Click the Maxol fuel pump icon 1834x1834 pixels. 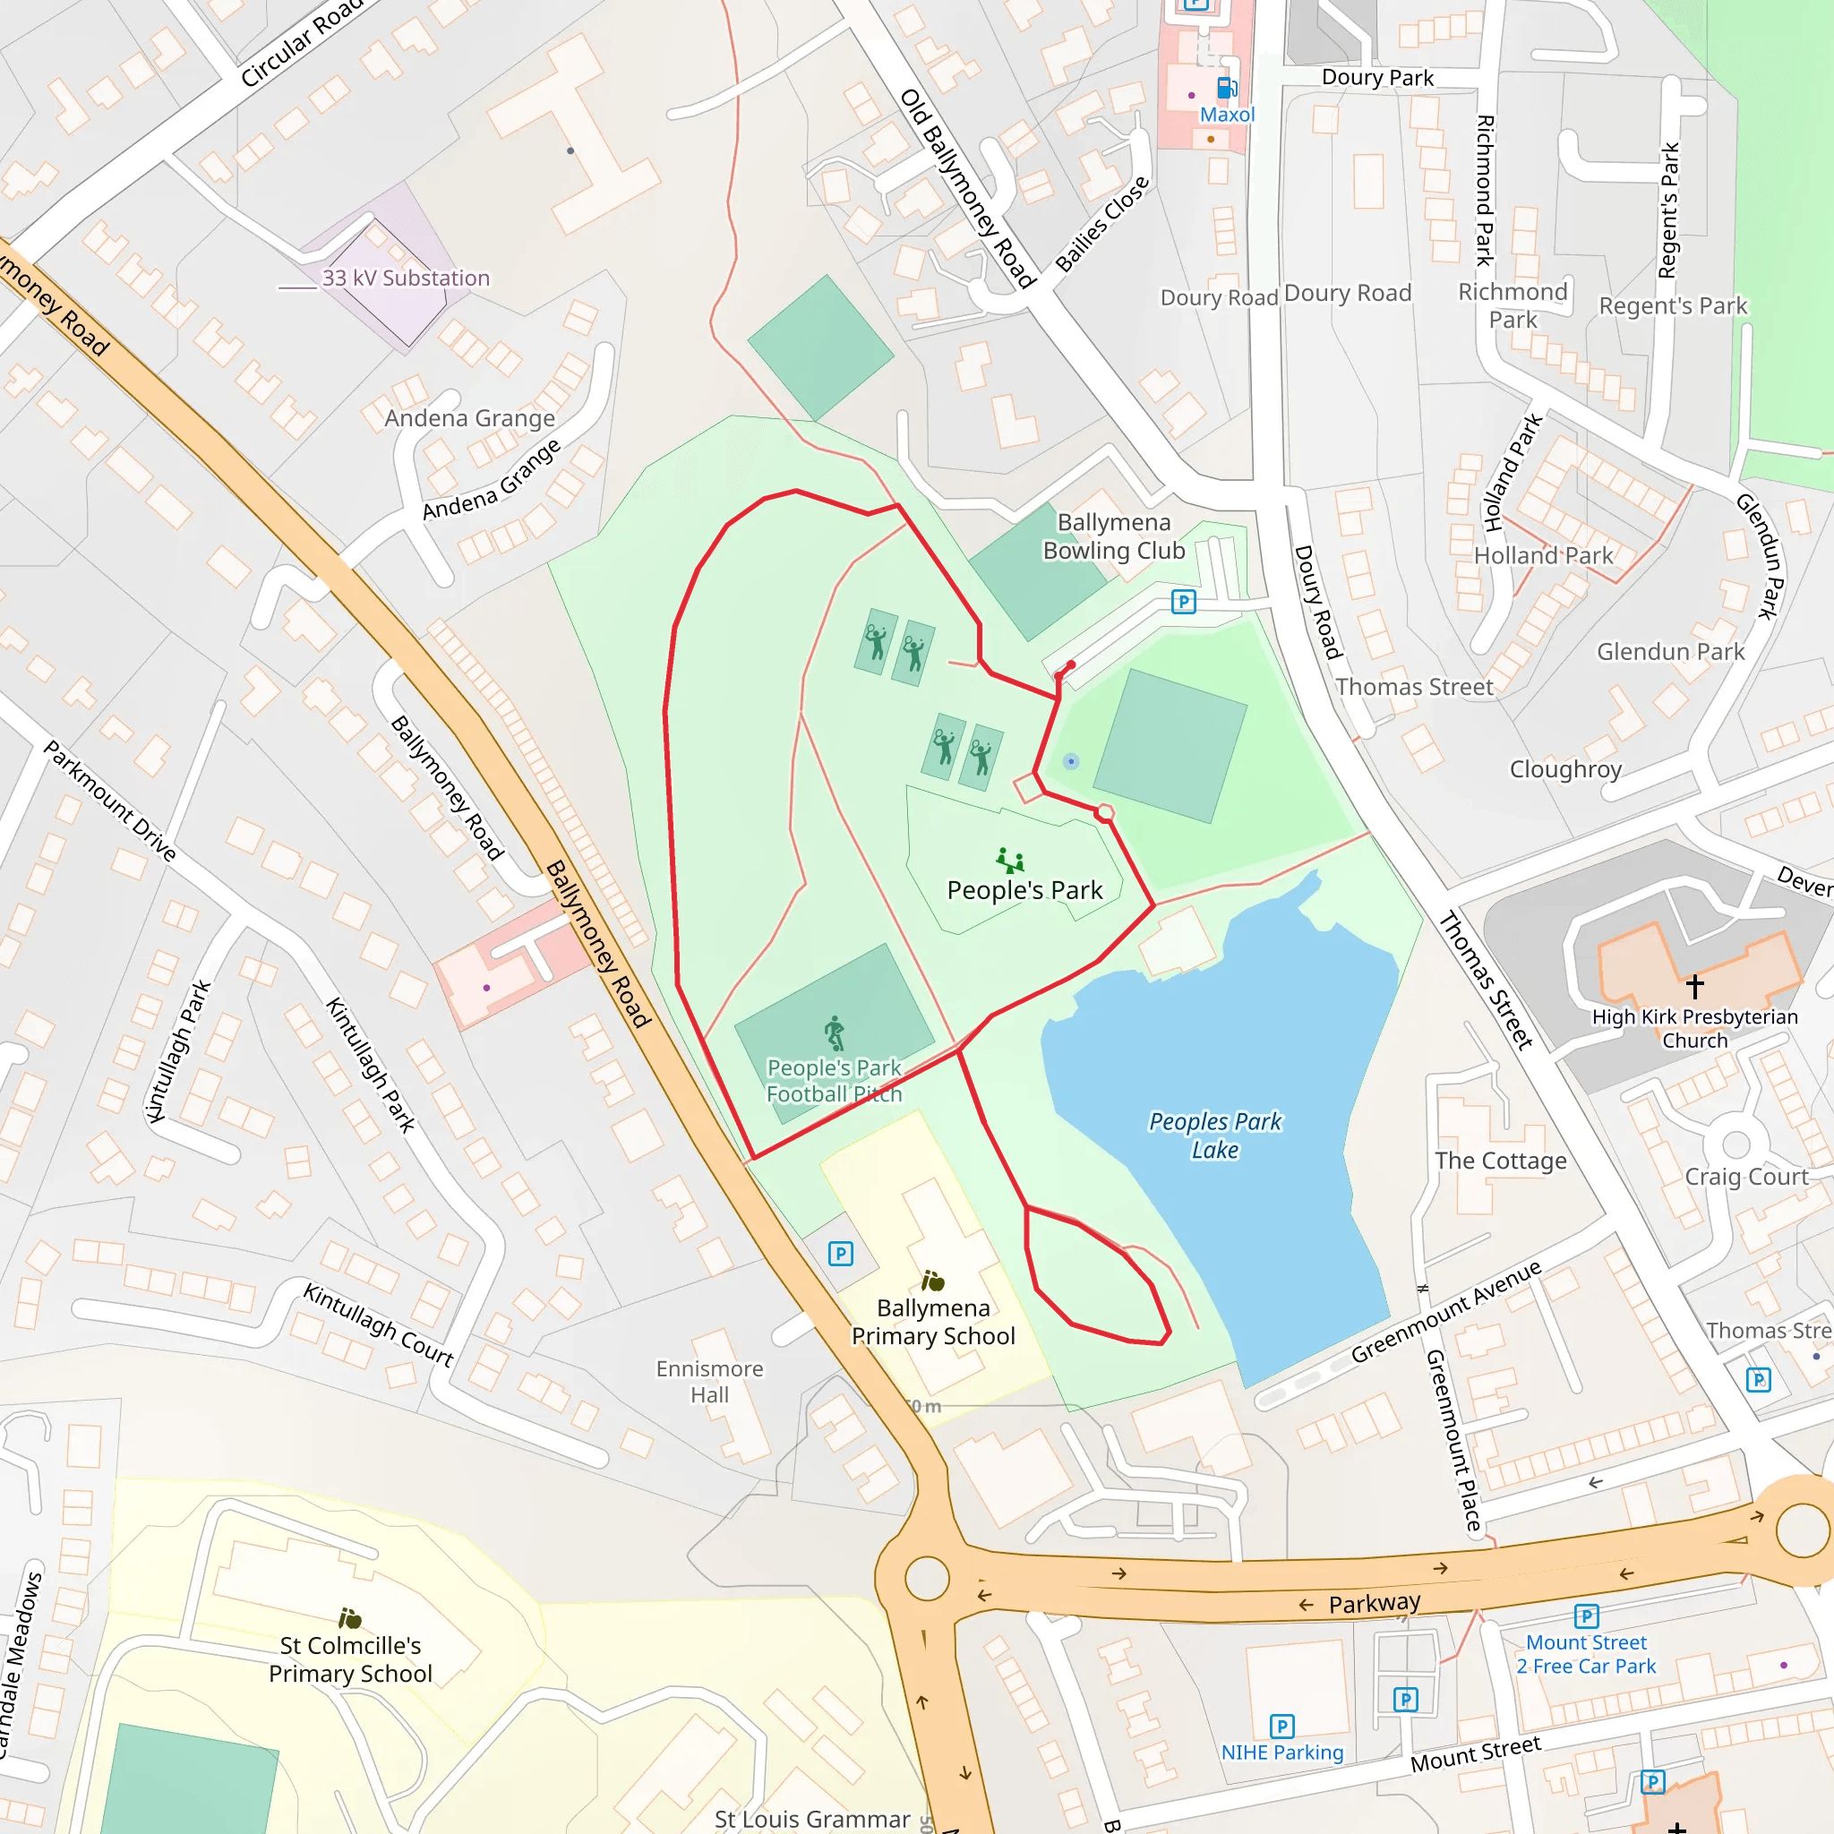pyautogui.click(x=1227, y=89)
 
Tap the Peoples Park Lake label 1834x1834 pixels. pyautogui.click(x=1215, y=1136)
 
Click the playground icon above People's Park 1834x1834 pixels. pyautogui.click(x=1010, y=861)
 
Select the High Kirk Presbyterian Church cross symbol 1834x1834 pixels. pyautogui.click(x=1694, y=984)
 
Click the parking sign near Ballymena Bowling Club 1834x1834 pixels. pyautogui.click(x=1183, y=602)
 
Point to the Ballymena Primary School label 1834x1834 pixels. pyautogui.click(x=933, y=1322)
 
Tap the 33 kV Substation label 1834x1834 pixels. pyautogui.click(x=406, y=279)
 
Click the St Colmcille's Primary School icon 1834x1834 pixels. pyautogui.click(x=350, y=1617)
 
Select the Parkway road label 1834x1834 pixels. pyautogui.click(x=1374, y=1603)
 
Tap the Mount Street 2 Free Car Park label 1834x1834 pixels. pyautogui.click(x=1585, y=1654)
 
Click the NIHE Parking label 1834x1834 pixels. pyautogui.click(x=1281, y=1753)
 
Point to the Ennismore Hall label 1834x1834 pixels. pyautogui.click(x=709, y=1381)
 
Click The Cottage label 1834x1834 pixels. pyautogui.click(x=1500, y=1161)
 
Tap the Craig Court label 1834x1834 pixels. pyautogui.click(x=1745, y=1177)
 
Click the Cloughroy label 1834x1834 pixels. pyautogui.click(x=1565, y=769)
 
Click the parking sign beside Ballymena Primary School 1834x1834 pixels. pyautogui.click(x=840, y=1254)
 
